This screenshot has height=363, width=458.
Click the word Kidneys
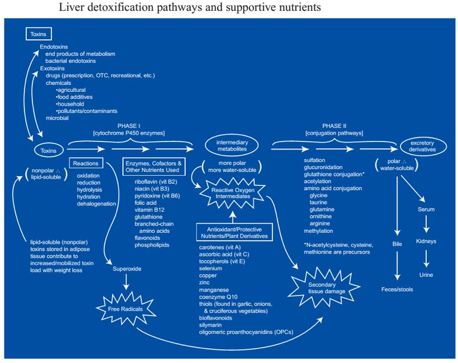[425, 241]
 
